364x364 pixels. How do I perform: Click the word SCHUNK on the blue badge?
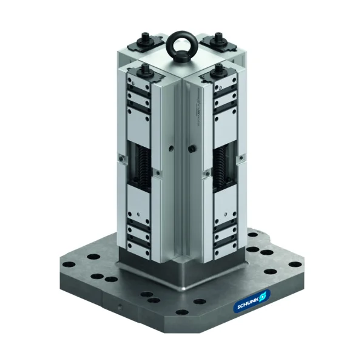coord(247,306)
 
